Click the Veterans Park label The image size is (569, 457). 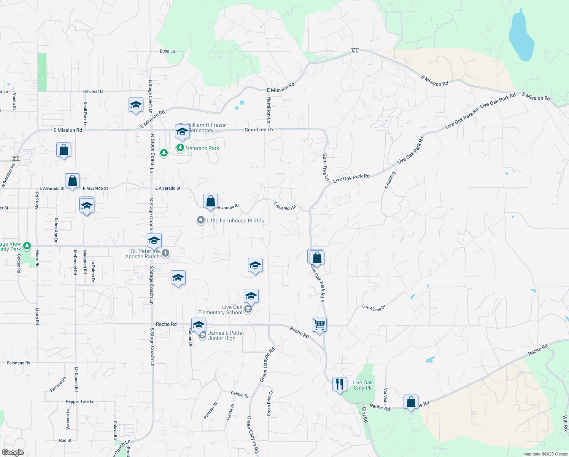coord(202,148)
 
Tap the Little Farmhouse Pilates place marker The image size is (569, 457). coord(200,221)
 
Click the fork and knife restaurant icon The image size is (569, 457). coord(340,384)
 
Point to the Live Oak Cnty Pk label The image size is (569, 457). coord(362,385)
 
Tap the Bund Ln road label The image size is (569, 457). coord(167,51)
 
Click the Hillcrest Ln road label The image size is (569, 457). coord(94,91)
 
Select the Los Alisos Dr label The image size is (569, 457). coord(374,308)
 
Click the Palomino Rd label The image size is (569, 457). coord(18,363)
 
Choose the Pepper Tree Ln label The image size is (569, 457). coord(80,401)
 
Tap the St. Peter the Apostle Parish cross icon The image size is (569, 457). coord(165,253)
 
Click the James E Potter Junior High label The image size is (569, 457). coord(226,336)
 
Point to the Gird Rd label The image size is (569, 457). coord(365,414)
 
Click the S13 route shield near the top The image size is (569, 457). coord(354,51)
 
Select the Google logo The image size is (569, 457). coord(13,452)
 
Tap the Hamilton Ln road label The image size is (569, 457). coord(269,110)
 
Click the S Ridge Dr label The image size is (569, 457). coord(391,180)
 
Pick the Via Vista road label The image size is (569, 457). coord(386,396)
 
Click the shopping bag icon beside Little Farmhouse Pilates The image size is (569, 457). coord(210,201)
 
